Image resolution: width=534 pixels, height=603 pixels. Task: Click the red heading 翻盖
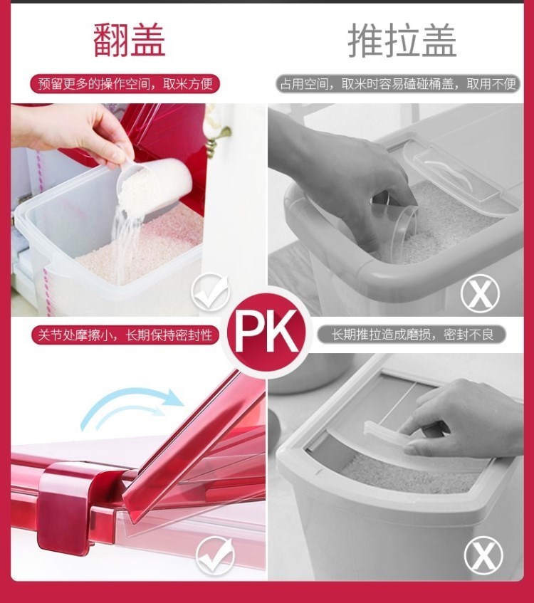[130, 40]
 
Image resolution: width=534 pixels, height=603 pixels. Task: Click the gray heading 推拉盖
[402, 40]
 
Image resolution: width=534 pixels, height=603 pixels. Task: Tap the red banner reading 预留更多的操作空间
[125, 84]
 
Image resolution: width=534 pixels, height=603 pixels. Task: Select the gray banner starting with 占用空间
[398, 84]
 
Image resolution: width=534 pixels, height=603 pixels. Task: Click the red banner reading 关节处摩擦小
[125, 335]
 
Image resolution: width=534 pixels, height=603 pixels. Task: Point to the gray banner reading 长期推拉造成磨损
[412, 335]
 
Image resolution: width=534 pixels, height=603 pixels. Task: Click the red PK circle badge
[267, 332]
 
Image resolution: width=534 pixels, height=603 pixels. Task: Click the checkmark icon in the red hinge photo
[215, 555]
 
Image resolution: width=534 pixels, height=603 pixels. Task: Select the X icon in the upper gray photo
[480, 293]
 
